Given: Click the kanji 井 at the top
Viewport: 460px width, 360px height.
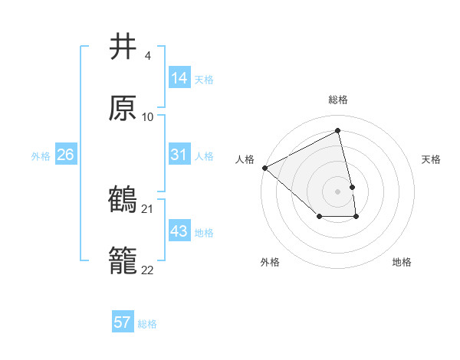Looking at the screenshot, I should (123, 47).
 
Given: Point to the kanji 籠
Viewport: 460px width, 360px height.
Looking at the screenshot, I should (123, 261).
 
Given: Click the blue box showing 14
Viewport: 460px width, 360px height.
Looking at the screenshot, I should (179, 78).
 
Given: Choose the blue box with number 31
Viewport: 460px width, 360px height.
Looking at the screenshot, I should (179, 155).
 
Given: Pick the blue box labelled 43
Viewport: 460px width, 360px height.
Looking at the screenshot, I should (179, 231).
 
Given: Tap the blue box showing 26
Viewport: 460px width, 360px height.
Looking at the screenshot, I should (65, 155).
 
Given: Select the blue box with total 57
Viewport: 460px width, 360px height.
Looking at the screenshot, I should (123, 322).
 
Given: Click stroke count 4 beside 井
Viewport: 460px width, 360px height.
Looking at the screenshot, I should (147, 56).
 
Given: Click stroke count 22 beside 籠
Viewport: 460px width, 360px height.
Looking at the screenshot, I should (148, 270).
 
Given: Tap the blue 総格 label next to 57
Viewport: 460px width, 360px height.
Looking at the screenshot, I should (147, 324).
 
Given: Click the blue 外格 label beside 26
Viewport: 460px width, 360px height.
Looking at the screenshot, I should (41, 155).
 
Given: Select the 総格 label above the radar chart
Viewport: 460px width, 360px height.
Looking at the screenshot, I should (338, 100).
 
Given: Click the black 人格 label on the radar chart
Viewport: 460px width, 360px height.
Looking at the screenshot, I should (245, 159).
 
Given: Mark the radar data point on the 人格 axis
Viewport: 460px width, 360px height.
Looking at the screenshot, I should (264, 168).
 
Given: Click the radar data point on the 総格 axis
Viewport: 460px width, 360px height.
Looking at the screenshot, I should (338, 131).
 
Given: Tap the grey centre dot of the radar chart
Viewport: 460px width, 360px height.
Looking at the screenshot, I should (338, 190).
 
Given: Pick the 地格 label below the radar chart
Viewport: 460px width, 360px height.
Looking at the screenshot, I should (402, 262).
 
